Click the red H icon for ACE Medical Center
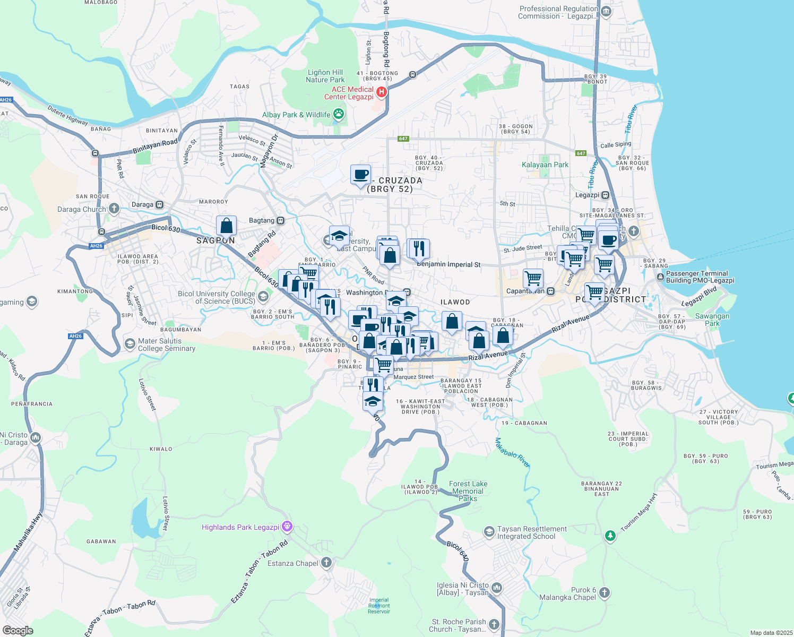(381, 93)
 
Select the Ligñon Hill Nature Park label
(325, 76)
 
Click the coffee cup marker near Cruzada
(360, 174)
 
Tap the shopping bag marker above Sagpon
(226, 226)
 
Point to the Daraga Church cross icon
(114, 209)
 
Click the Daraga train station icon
(160, 204)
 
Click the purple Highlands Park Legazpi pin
(287, 527)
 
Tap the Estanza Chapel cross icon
(326, 563)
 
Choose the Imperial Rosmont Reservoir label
(379, 606)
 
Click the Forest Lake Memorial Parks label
(468, 491)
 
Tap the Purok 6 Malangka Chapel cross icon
(605, 592)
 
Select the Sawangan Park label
(712, 319)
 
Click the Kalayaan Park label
(545, 165)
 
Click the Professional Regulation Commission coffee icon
(606, 12)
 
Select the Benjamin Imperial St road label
(448, 264)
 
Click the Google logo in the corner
(18, 630)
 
